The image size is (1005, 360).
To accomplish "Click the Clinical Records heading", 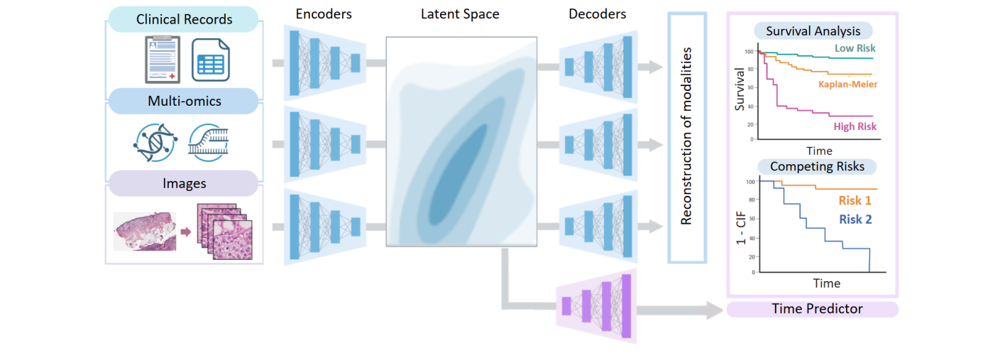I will tap(184, 19).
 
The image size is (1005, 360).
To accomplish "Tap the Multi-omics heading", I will tap(184, 101).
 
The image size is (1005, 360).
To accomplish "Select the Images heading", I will tap(184, 183).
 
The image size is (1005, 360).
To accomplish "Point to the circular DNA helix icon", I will tap(153, 141).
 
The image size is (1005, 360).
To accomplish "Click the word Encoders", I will tap(324, 13).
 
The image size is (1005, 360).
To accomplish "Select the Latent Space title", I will tap(460, 13).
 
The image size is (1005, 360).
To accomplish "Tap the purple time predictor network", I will tap(596, 305).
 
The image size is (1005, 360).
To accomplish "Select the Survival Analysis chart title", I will tap(813, 31).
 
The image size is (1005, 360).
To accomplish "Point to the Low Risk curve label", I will tap(855, 48).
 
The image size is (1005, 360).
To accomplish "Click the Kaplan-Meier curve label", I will tap(847, 84).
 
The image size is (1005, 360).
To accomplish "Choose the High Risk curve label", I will tap(855, 126).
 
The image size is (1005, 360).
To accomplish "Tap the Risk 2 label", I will tap(855, 219).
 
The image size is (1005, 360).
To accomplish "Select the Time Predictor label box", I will tap(813, 309).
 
